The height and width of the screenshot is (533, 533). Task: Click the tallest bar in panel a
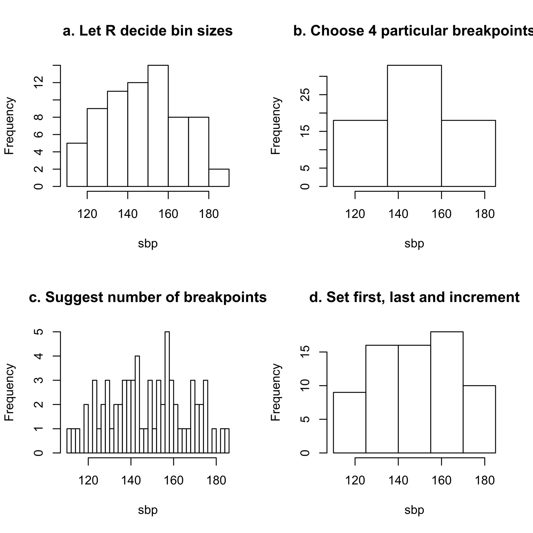[158, 126]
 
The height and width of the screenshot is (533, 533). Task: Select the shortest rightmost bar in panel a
[219, 178]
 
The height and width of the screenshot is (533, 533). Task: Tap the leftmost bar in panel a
[77, 165]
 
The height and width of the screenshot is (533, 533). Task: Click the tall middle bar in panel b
[414, 126]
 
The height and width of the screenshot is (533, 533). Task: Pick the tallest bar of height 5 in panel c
[167, 392]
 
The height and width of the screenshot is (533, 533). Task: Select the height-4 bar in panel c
[137, 404]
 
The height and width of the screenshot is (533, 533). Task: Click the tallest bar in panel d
[446, 392]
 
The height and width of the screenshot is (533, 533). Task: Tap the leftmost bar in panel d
[349, 422]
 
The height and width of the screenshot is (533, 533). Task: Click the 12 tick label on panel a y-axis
[40, 83]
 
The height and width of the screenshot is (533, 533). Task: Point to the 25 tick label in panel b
[306, 95]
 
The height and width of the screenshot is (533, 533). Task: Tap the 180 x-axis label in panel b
[484, 214]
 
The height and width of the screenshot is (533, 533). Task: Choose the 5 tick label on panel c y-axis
[40, 332]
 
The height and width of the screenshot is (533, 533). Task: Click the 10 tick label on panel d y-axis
[306, 386]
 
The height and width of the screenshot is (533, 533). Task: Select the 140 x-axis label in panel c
[131, 481]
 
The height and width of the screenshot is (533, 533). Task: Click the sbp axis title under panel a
[148, 244]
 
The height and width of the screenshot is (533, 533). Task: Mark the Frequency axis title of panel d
[276, 392]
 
